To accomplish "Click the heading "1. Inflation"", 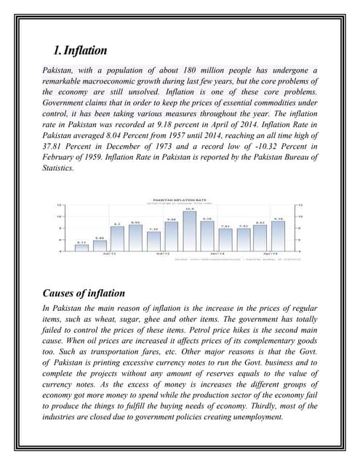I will pos(80,51).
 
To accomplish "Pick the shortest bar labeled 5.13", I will pos(81,247).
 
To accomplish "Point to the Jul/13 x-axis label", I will pos(107,254).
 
